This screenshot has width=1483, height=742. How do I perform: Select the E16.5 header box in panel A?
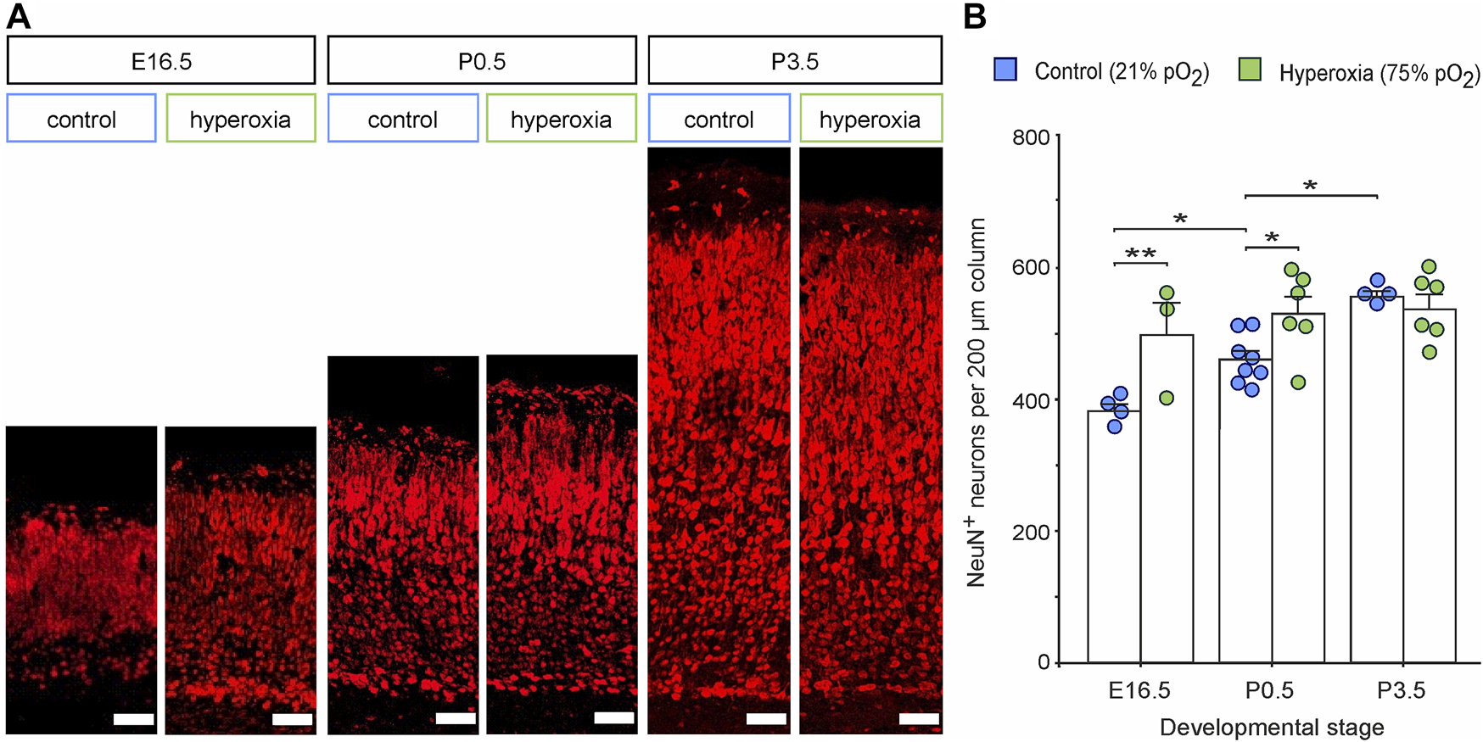tap(161, 61)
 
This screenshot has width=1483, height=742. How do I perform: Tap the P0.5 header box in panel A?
tap(482, 61)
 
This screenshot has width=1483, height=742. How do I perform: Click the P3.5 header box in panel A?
tap(795, 61)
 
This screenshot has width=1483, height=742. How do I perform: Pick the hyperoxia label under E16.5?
tap(241, 119)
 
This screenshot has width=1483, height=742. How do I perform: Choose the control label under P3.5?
tap(719, 119)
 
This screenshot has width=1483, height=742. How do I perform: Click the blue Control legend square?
tap(1005, 70)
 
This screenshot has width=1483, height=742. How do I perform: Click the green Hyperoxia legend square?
tap(1250, 70)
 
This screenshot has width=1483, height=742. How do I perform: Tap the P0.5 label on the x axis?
tap(1270, 690)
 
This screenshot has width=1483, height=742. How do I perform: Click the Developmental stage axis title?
tap(1272, 728)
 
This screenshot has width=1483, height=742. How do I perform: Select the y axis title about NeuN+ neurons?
tap(977, 402)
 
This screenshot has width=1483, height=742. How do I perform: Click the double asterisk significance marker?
tap(1140, 254)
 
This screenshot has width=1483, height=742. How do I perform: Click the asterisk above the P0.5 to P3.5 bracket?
tap(1310, 186)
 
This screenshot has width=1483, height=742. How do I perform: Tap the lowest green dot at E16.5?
tap(1167, 398)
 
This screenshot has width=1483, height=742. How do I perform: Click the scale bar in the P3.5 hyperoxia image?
tap(919, 719)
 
